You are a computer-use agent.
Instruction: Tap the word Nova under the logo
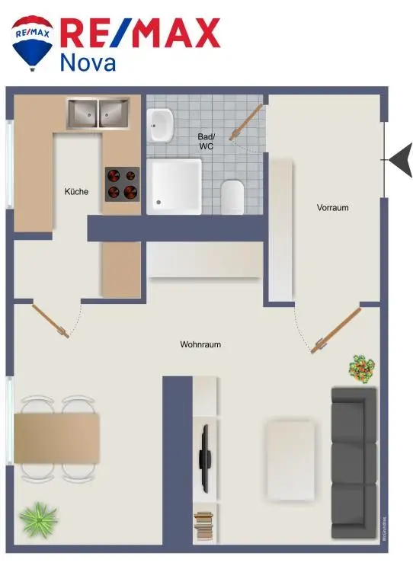[x=88, y=62]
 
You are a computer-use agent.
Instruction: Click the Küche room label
[x=76, y=192]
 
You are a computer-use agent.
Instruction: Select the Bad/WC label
[x=206, y=141]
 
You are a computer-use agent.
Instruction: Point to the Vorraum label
[x=333, y=207]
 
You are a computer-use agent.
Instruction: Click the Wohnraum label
[x=200, y=345]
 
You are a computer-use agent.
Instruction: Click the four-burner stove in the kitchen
[x=122, y=183]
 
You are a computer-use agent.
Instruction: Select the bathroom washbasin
[x=161, y=125]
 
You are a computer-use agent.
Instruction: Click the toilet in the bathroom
[x=232, y=197]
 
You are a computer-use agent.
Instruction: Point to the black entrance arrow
[x=401, y=160]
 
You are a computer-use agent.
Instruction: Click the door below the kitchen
[x=50, y=318]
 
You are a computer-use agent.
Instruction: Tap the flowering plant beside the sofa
[x=362, y=369]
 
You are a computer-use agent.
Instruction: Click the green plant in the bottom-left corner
[x=37, y=520]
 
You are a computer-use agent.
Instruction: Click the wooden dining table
[x=57, y=438]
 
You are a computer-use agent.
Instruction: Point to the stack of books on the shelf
[x=203, y=524]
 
